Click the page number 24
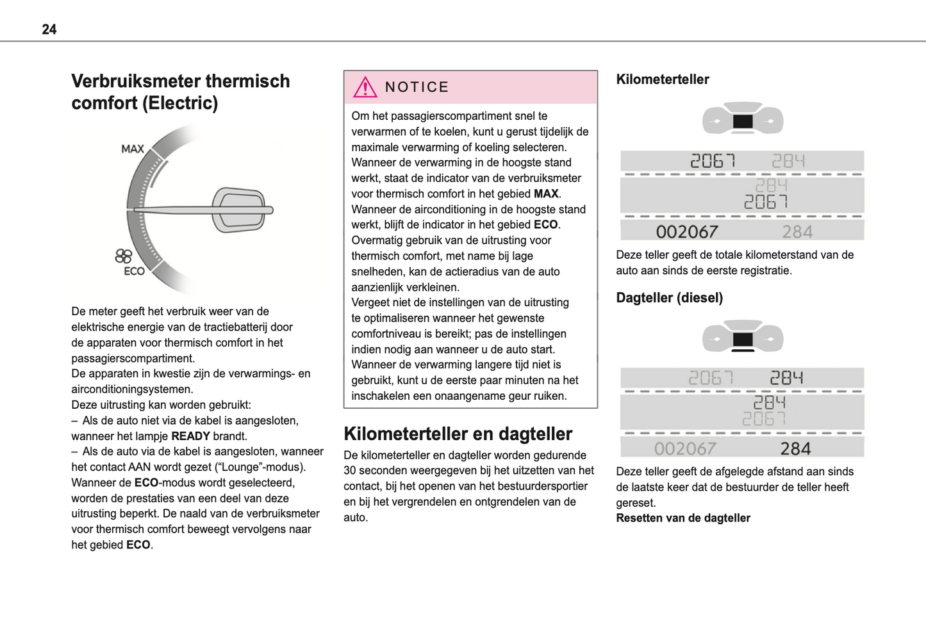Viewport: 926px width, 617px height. pyautogui.click(x=49, y=29)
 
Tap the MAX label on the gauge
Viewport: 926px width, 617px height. pyautogui.click(x=133, y=149)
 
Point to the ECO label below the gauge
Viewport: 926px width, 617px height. pyautogui.click(x=134, y=271)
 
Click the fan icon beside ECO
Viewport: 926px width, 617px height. pyautogui.click(x=123, y=256)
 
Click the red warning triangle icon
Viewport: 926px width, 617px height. pyautogui.click(x=365, y=87)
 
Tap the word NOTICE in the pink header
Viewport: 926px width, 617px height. pyautogui.click(x=417, y=87)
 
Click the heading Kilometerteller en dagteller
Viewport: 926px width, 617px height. pyautogui.click(x=458, y=434)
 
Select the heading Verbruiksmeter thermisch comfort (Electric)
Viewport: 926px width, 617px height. pyautogui.click(x=180, y=92)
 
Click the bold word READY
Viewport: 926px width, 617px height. pyautogui.click(x=190, y=436)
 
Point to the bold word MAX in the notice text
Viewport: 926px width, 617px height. pyautogui.click(x=545, y=193)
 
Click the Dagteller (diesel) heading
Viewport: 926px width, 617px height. pyautogui.click(x=669, y=298)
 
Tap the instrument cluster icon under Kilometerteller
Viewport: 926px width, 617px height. pyautogui.click(x=742, y=119)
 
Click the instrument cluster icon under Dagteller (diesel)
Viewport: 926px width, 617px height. pyautogui.click(x=742, y=336)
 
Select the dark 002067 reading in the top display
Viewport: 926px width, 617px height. pyautogui.click(x=687, y=232)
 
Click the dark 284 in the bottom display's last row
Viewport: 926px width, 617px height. pyautogui.click(x=795, y=448)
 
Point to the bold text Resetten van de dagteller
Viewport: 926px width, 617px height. pyautogui.click(x=683, y=518)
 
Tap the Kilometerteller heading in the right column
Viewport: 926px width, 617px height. pyautogui.click(x=663, y=79)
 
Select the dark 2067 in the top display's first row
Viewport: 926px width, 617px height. pyautogui.click(x=712, y=160)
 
